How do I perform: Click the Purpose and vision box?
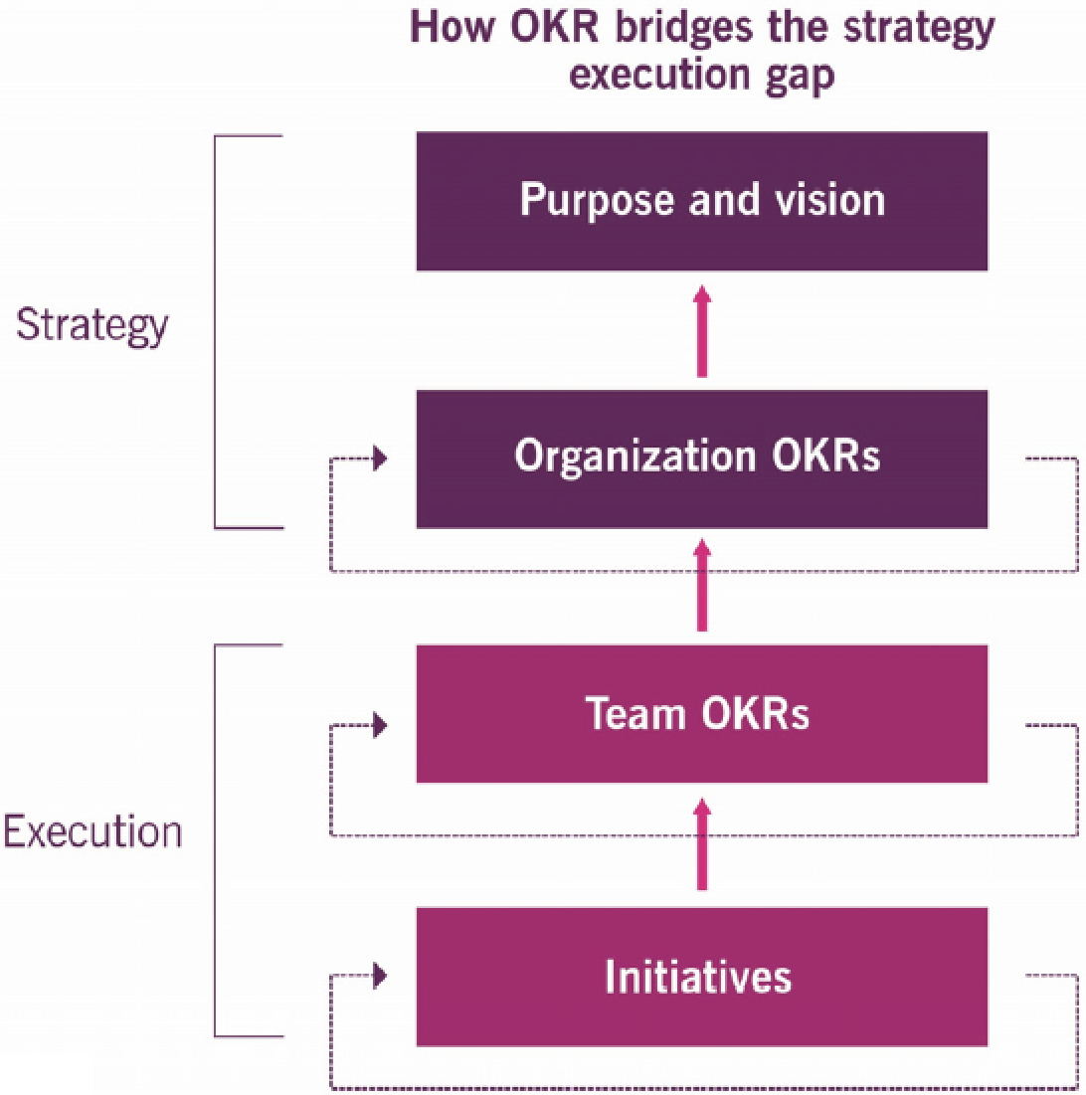[702, 201]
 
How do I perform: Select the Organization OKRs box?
[702, 457]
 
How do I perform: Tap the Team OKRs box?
[702, 714]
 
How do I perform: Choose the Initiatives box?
[702, 977]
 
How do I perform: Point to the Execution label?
[93, 831]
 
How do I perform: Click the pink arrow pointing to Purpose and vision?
[702, 330]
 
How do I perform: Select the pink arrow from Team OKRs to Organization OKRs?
[702, 586]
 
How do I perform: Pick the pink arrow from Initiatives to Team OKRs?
[702, 844]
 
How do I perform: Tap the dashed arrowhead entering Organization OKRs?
[380, 460]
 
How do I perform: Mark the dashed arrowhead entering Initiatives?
[380, 976]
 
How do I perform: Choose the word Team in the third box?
[633, 714]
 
